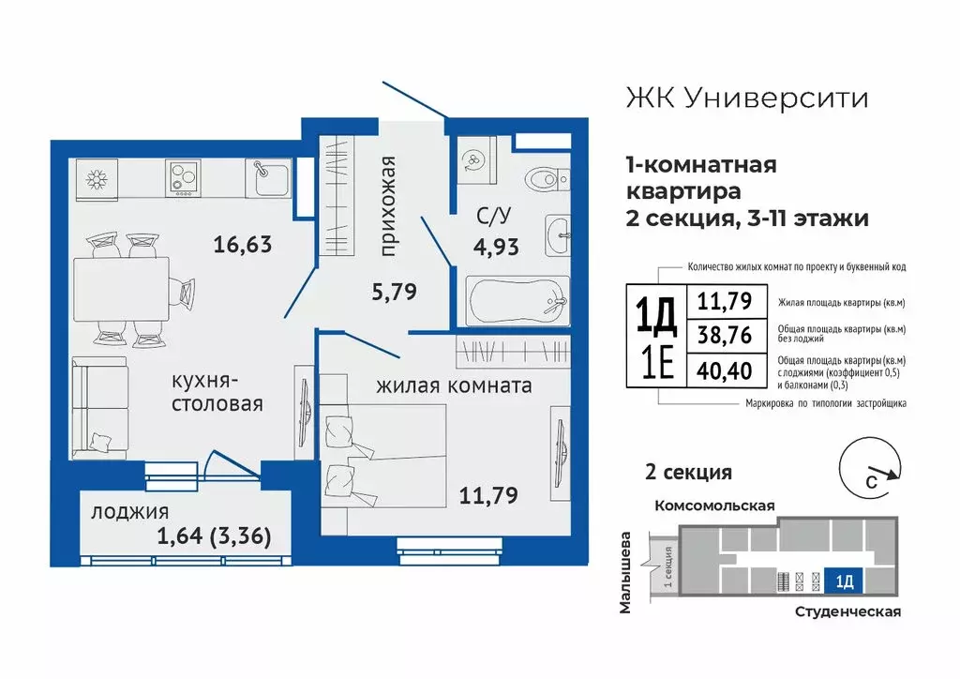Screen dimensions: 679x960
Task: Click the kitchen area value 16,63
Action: [242, 246]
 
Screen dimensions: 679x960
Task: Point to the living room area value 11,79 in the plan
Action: [488, 492]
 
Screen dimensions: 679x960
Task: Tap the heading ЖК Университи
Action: [745, 98]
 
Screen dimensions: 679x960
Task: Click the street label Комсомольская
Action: [714, 506]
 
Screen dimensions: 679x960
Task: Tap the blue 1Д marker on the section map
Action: [844, 582]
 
